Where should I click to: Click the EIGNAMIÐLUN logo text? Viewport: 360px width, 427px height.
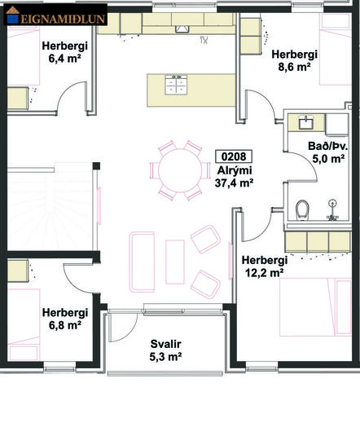tap(63, 20)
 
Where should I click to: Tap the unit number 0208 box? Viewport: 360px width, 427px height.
tap(234, 156)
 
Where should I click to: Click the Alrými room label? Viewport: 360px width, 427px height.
tap(235, 171)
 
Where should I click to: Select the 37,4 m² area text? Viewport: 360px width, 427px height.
tap(234, 183)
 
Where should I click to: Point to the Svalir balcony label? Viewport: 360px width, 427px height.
tap(165, 344)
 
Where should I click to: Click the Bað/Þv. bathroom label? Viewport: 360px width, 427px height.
tap(328, 146)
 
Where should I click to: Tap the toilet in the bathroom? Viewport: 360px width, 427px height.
tap(302, 209)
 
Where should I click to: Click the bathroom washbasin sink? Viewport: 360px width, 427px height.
tap(306, 122)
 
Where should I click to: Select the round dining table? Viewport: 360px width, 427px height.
tap(180, 170)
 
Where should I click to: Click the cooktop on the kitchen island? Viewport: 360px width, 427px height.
tap(176, 85)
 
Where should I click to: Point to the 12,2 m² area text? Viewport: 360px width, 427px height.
tap(265, 273)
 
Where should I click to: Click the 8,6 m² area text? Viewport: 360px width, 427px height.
tap(294, 67)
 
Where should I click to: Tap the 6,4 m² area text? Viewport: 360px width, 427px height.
tap(65, 59)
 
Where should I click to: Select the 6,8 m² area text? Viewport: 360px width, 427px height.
tap(65, 325)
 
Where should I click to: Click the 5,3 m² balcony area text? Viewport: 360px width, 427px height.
tap(165, 356)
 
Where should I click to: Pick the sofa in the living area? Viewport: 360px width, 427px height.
tap(142, 262)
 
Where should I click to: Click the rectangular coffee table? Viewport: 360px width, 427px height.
tap(175, 262)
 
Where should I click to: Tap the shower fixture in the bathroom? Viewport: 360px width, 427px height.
tap(332, 210)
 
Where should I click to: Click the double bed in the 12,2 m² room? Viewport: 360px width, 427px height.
tap(315, 307)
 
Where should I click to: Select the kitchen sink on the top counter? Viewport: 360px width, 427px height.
tap(182, 29)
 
